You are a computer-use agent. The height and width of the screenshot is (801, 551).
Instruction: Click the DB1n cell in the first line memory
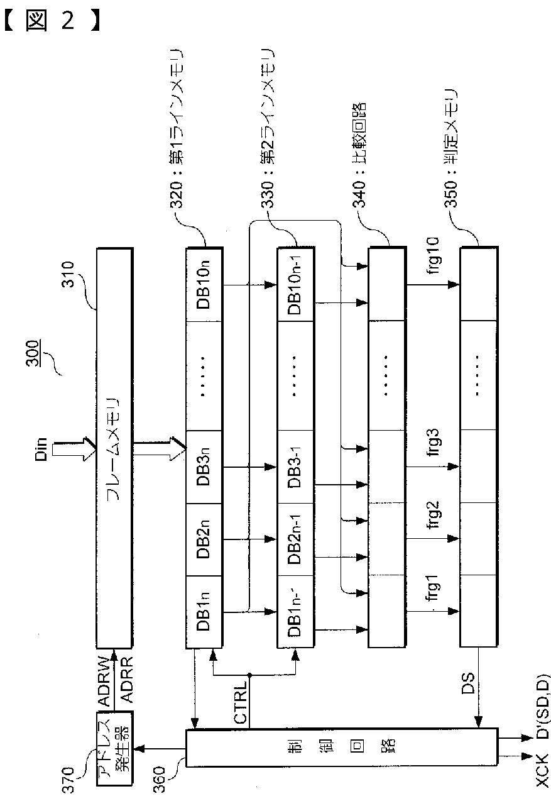(205, 610)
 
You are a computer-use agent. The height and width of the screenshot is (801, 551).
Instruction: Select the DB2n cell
(205, 538)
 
